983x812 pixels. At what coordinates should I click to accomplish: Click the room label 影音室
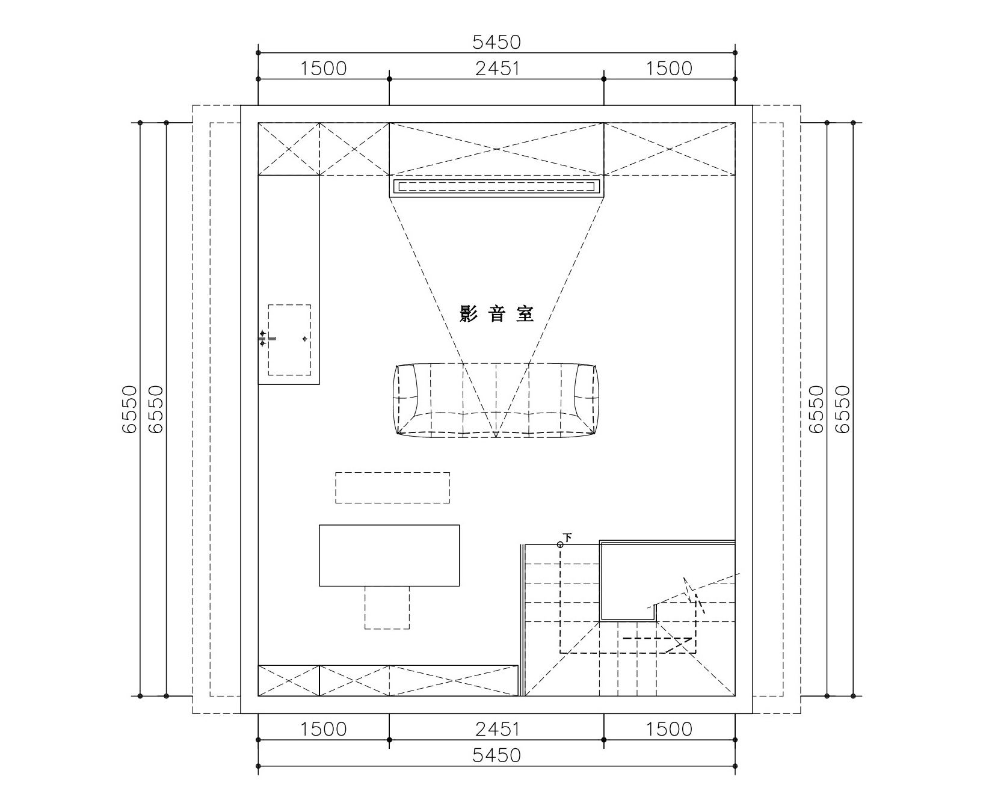[x=496, y=313]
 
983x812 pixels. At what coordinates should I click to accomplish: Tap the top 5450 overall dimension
[x=496, y=42]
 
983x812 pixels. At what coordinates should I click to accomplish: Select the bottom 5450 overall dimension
[x=496, y=755]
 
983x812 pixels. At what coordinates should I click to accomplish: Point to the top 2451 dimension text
[x=497, y=69]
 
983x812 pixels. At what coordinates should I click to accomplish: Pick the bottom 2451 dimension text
[x=497, y=729]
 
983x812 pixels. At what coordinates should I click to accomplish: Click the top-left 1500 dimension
[x=324, y=69]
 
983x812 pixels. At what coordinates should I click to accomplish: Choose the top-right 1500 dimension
[x=670, y=69]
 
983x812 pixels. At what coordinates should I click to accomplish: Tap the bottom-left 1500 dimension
[x=324, y=729]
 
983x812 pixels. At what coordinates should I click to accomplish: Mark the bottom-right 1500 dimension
[x=670, y=729]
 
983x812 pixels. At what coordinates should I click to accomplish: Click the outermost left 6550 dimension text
[x=129, y=409]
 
